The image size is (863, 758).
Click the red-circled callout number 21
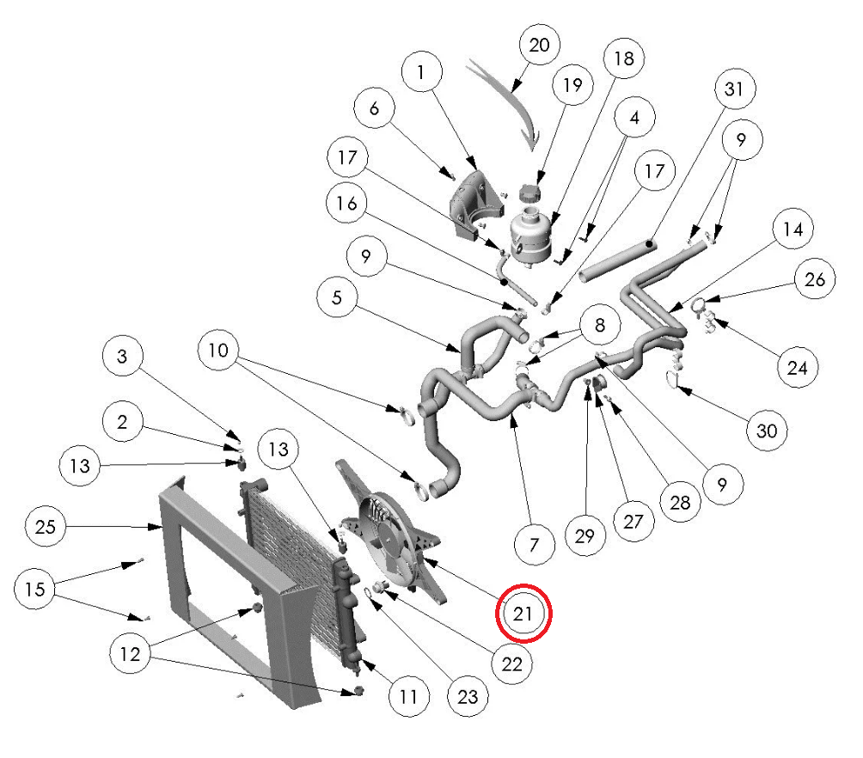click(x=523, y=614)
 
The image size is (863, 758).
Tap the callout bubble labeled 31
click(x=735, y=89)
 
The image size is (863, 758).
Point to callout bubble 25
click(x=46, y=525)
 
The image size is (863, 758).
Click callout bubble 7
click(x=534, y=544)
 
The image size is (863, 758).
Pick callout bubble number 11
click(x=408, y=694)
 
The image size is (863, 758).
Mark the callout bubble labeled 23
click(x=467, y=696)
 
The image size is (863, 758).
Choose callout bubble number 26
click(x=814, y=279)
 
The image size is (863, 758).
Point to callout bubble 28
click(x=680, y=502)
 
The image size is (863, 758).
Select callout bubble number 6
click(x=375, y=109)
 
